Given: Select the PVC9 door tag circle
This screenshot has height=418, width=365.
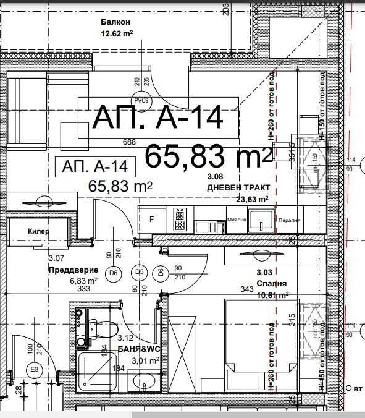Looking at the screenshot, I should point(141,100).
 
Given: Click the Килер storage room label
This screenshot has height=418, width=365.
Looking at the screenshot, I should point(39,231).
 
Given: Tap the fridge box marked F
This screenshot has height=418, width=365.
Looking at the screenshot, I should point(151,219).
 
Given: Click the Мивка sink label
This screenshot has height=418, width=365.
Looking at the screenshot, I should point(237,220).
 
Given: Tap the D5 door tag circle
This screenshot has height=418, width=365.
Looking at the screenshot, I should point(140,272).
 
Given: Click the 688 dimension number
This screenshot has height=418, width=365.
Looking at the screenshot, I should point(129,142).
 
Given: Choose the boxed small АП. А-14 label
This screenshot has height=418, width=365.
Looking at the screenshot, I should point(94,166).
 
